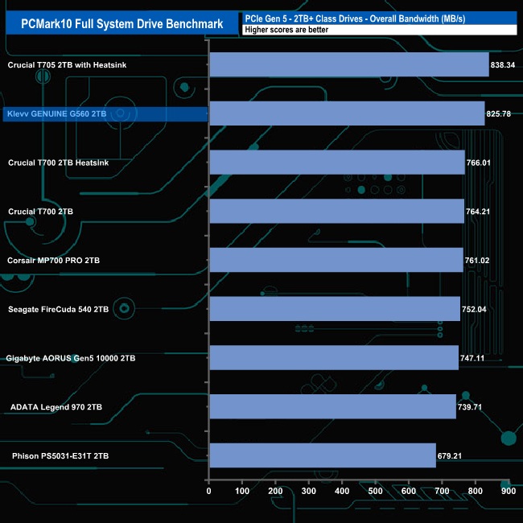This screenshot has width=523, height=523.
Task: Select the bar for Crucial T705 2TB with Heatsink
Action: [x=348, y=64]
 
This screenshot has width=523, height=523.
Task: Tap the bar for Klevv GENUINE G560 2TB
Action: [x=346, y=113]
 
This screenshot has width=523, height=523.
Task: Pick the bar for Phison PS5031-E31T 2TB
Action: [x=322, y=455]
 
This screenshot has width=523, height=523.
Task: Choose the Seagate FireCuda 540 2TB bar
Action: [x=334, y=308]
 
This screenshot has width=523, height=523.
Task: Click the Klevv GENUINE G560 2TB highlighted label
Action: [x=56, y=114]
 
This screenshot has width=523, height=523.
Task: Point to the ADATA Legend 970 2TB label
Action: [x=56, y=406]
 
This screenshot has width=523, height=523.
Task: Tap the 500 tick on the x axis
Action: [x=375, y=490]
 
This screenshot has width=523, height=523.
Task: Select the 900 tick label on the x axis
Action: [x=508, y=490]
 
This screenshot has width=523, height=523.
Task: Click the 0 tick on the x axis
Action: [x=209, y=490]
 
